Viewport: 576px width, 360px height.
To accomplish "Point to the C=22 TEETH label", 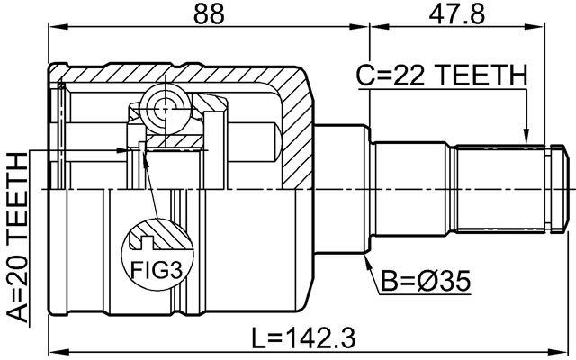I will pos(441,78).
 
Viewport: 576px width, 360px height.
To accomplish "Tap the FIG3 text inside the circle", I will pos(156,269).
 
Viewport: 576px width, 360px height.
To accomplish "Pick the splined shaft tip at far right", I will pos(560,189).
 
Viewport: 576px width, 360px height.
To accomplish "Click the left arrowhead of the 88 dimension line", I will pos(51,27).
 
